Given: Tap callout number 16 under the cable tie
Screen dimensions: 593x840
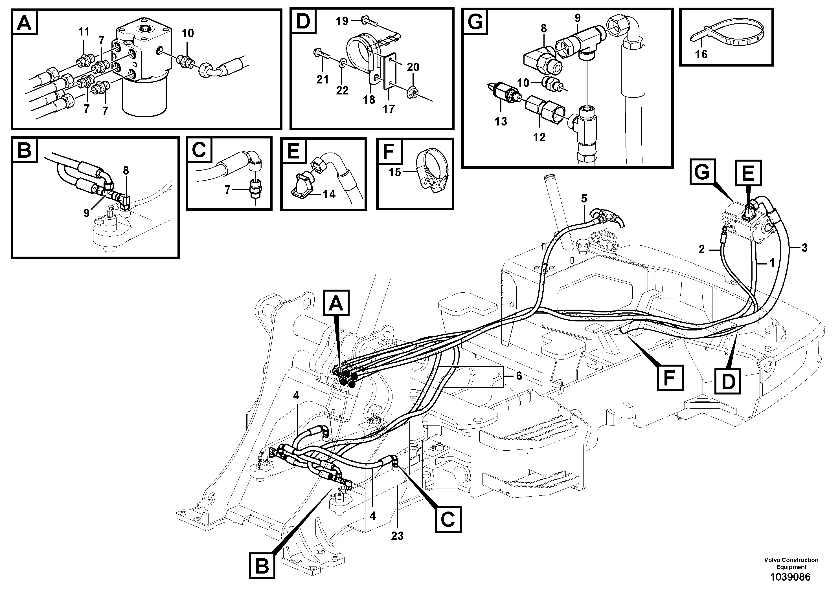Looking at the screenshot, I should click(701, 54).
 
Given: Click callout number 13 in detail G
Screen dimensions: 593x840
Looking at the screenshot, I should click(501, 121).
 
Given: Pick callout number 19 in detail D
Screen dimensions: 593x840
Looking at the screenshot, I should click(342, 21).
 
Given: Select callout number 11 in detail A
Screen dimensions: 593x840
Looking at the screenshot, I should click(84, 32).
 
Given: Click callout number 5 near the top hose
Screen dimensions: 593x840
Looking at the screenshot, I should click(584, 199).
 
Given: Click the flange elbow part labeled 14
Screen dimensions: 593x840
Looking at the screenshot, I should click(302, 184).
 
